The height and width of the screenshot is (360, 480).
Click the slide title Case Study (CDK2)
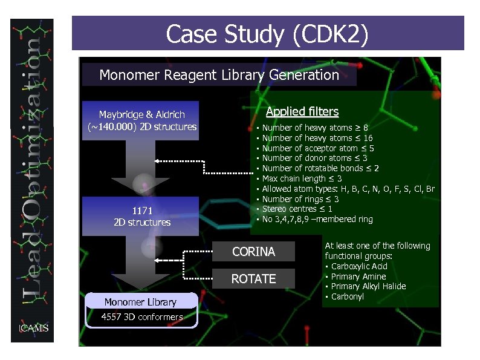pos(267,34)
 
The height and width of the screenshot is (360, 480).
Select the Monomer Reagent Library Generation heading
pos(219,75)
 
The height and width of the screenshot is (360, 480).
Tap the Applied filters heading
pos(302,112)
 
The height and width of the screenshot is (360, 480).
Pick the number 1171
pos(142,211)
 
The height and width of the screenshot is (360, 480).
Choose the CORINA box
pos(253,252)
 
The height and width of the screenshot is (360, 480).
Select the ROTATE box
pos(253,279)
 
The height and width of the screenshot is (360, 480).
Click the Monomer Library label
pos(140,302)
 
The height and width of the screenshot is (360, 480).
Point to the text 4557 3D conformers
pos(141,317)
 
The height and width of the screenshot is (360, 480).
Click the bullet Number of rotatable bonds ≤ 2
pos(320,168)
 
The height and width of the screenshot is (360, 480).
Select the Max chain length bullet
pos(302,178)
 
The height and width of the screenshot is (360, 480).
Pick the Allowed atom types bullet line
pos(348,189)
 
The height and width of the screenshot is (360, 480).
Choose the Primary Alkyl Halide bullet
pos(368,286)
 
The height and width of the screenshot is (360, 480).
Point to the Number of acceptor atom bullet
pos(318,148)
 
